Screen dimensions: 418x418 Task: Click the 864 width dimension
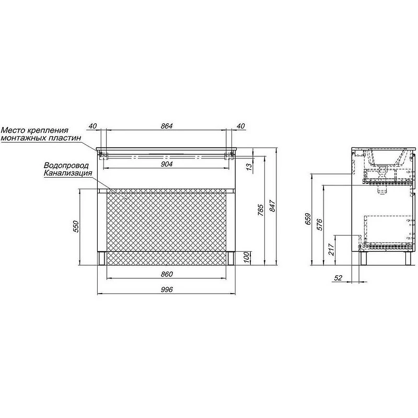[x=167, y=126]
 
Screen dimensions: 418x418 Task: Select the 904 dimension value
[x=167, y=164]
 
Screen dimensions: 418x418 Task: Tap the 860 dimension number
[x=167, y=274]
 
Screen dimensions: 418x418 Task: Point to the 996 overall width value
[x=167, y=289]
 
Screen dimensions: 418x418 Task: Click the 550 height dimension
[x=76, y=226]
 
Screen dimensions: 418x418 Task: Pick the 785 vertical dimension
[x=261, y=210]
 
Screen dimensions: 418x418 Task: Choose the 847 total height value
[x=272, y=206]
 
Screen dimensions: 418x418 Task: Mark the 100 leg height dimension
[x=247, y=257]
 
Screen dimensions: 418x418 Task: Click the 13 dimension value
[x=249, y=167]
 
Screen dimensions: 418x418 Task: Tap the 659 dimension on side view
[x=308, y=219]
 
